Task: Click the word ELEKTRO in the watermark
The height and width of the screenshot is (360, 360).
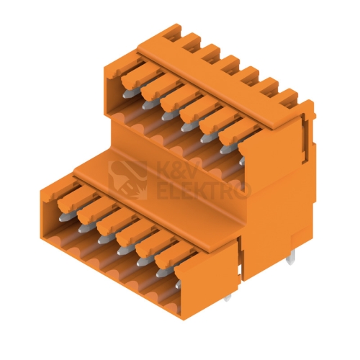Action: pyautogui.click(x=202, y=191)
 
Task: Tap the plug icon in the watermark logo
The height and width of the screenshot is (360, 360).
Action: pyautogui.click(x=127, y=180)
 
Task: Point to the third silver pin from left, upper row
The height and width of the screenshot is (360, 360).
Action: pyautogui.click(x=168, y=116)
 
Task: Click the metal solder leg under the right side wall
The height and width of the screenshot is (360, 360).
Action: pyautogui.click(x=289, y=259)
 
